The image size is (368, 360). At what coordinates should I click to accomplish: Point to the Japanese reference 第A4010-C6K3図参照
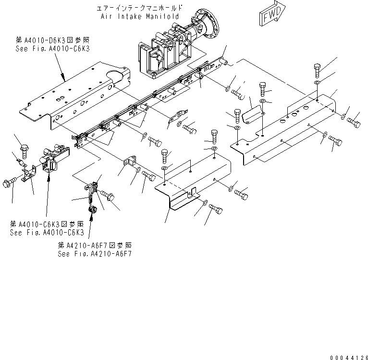pos(47,224)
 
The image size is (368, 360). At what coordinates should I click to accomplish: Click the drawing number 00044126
pos(348,357)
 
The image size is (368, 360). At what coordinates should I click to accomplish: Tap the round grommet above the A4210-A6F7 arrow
pos(93,210)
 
